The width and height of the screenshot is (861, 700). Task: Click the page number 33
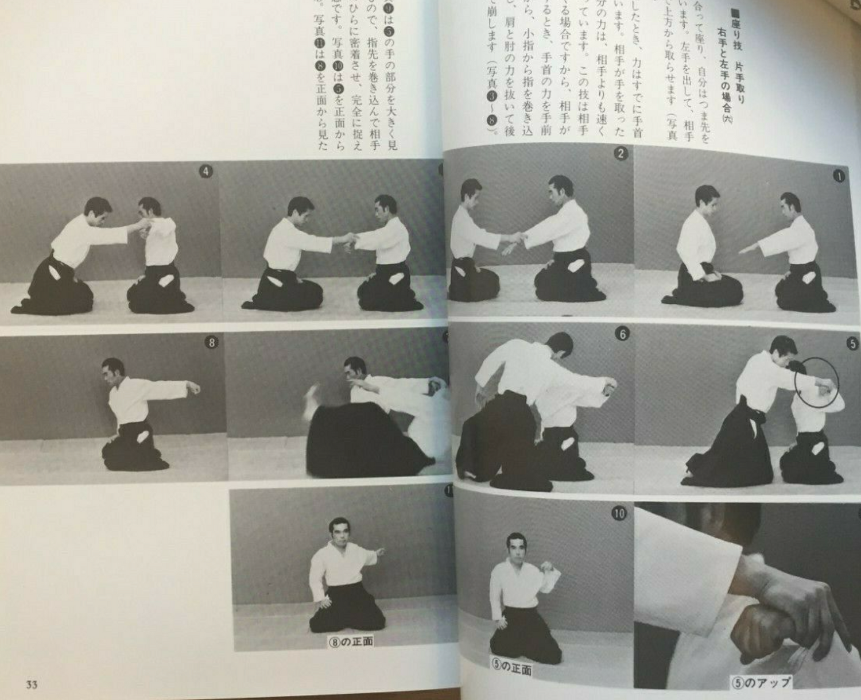(x=31, y=684)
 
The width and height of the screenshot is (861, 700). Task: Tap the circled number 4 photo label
(x=205, y=171)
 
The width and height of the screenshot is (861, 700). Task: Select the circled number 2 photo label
(x=620, y=153)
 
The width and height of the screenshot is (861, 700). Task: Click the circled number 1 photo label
(x=839, y=176)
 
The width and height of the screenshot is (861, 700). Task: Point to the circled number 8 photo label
(x=211, y=343)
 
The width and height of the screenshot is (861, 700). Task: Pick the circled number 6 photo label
(x=622, y=334)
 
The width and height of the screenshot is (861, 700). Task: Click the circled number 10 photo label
(x=618, y=513)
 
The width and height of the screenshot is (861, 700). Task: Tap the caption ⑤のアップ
(x=761, y=683)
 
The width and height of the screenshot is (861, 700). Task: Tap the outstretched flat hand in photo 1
(x=748, y=249)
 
